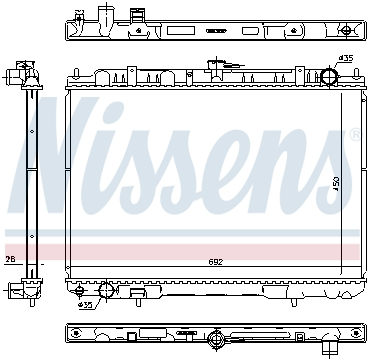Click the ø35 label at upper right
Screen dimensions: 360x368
(x=346, y=58)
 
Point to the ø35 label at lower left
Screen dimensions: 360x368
(x=85, y=305)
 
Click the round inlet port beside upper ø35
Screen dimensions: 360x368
(x=328, y=79)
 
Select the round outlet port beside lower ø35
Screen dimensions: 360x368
(x=108, y=293)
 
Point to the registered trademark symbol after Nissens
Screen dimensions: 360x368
(x=353, y=134)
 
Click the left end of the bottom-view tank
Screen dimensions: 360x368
(x=70, y=334)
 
